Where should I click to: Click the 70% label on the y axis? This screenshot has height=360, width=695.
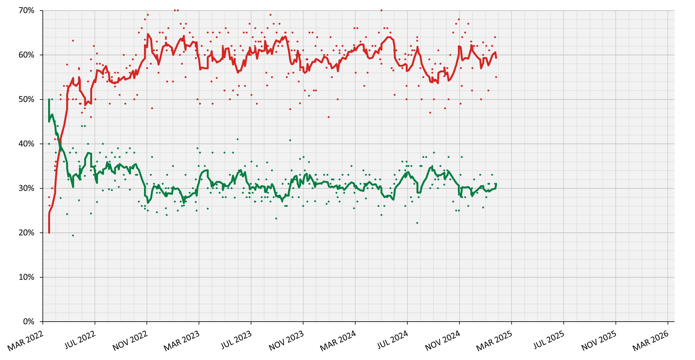coord(26,10)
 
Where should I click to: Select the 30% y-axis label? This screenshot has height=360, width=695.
coord(26,188)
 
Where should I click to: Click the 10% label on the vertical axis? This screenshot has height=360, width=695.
coord(26,277)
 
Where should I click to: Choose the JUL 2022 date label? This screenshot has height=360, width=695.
coord(80,340)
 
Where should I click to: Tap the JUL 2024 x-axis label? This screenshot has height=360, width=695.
coord(393,340)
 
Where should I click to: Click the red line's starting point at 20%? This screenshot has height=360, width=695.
coord(49,232)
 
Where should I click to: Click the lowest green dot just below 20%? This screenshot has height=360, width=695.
coord(73,235)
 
